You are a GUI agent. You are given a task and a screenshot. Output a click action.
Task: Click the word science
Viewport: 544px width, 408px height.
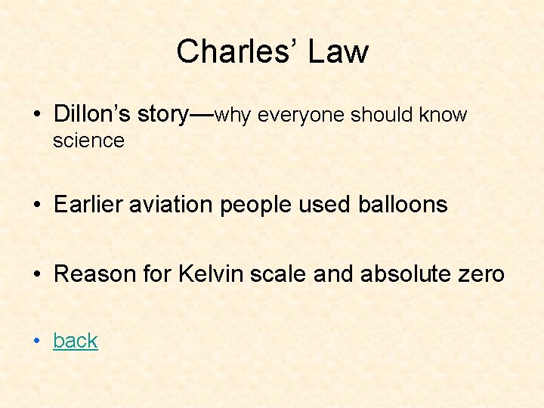(x=88, y=141)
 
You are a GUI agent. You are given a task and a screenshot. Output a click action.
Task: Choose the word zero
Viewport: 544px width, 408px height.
(x=481, y=273)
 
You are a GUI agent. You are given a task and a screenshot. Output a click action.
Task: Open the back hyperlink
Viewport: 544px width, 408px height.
(x=76, y=341)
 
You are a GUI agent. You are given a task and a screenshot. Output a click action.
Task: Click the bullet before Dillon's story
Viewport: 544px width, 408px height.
(x=36, y=115)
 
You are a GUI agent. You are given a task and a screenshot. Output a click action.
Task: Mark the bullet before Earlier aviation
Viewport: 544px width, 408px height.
(x=36, y=205)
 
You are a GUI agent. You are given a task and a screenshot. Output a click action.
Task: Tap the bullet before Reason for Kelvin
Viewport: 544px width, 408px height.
(x=36, y=274)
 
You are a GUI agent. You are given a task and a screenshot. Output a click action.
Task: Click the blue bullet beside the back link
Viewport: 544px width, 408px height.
(x=36, y=342)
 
